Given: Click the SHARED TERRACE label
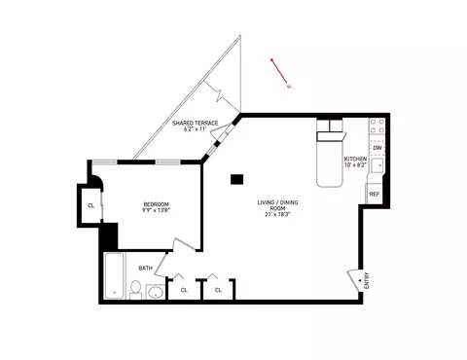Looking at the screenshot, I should click(194, 123).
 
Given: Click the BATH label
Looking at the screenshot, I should click(145, 268).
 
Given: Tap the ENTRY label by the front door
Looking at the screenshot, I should click(367, 281).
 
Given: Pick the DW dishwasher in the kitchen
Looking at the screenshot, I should click(377, 147).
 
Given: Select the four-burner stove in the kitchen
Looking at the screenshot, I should click(377, 126).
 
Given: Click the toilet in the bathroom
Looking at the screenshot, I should click(137, 289).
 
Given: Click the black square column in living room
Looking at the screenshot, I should click(236, 178).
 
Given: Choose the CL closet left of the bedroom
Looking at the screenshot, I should click(90, 205).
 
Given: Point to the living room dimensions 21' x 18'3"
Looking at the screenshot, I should click(274, 214).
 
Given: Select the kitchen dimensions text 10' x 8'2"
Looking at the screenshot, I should click(356, 164).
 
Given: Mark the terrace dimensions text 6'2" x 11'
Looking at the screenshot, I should click(194, 129).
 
